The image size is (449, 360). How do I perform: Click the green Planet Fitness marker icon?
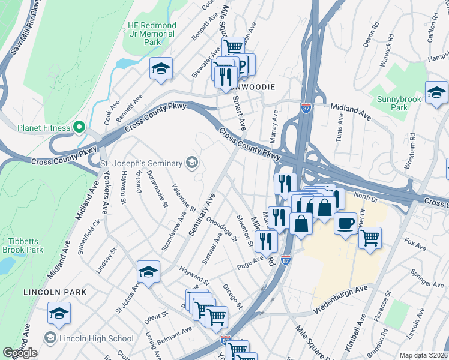click(78, 127)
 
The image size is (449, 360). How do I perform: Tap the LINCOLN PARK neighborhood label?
click(55, 292)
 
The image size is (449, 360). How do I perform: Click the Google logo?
click(20, 353)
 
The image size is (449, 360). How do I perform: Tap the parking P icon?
click(242, 65)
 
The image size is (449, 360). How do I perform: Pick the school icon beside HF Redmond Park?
click(161, 69)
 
